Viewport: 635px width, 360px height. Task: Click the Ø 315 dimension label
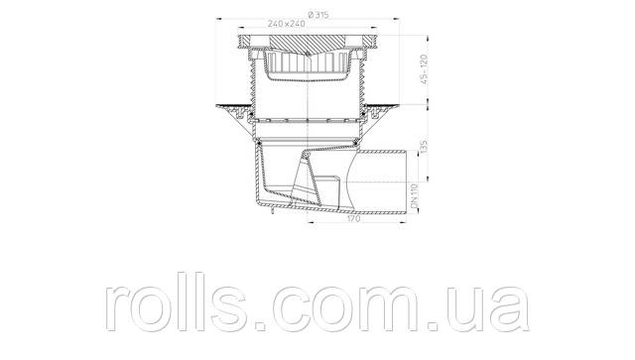click(318, 15)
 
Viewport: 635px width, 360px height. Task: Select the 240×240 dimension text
click(286, 24)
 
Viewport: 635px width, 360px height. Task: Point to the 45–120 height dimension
click(424, 69)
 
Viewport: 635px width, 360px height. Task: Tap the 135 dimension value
click(424, 148)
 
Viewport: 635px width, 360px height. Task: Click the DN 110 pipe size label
click(414, 196)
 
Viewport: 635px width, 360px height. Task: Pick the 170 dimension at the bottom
click(354, 218)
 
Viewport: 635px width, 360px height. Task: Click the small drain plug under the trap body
click(273, 211)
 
